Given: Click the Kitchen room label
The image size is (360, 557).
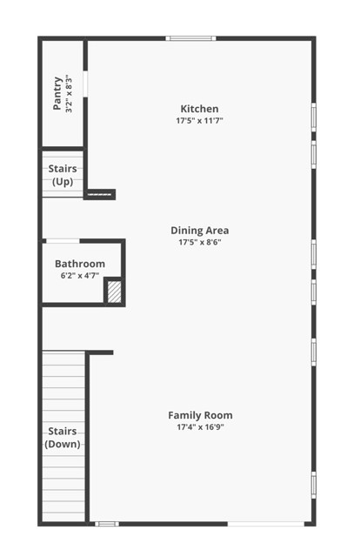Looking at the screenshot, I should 199,109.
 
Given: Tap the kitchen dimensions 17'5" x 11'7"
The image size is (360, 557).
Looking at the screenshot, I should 199,121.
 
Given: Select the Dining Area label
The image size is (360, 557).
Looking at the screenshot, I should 199,231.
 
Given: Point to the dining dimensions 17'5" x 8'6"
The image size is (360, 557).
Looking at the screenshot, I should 199,243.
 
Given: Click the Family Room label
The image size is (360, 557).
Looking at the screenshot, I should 200,415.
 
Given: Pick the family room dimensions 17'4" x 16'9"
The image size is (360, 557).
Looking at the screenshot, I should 200,427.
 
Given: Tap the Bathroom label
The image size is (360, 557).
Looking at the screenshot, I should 80,264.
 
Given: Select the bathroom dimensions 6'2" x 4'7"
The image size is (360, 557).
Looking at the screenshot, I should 80,275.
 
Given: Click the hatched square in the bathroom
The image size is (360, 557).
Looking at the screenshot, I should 114,292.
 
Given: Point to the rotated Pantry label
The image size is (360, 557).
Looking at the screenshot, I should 57,94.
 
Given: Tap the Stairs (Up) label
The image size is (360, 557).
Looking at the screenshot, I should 63,175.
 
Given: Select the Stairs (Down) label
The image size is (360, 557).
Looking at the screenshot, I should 63,438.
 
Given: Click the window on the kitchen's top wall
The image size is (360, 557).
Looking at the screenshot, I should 192,37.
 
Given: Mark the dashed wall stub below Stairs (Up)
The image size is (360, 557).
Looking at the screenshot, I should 101,194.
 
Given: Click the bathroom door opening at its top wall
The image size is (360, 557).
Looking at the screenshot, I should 63,240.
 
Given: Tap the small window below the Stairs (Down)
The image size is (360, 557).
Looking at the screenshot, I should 106,523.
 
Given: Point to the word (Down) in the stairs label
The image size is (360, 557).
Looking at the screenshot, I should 63,444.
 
